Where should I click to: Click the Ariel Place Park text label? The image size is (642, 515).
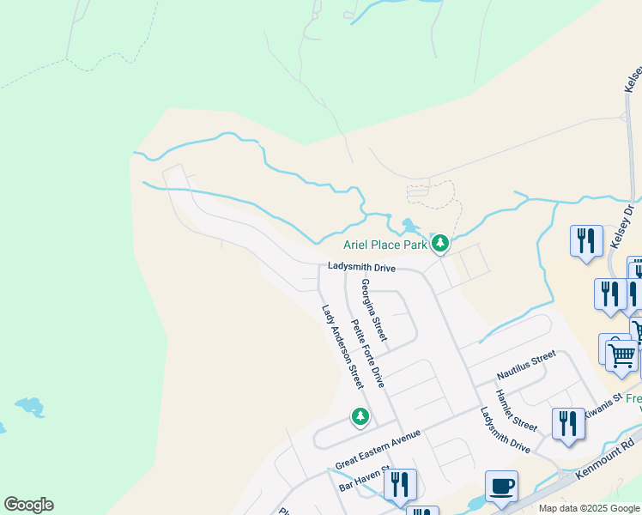click(x=385, y=245)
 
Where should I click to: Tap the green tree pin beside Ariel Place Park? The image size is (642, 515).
click(x=439, y=244)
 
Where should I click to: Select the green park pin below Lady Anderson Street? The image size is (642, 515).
click(x=360, y=417)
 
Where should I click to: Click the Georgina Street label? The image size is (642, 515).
click(x=373, y=310)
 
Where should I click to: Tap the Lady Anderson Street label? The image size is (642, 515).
click(x=342, y=347)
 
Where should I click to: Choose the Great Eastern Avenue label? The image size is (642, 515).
click(x=378, y=449)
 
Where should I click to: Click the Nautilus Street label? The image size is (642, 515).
click(x=526, y=366)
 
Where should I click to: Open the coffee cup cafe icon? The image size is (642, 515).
click(x=501, y=485)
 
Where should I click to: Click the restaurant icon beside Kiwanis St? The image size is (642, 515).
click(x=568, y=424)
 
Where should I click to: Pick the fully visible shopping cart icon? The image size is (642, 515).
click(x=621, y=354)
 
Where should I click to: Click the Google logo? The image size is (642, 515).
click(x=28, y=505)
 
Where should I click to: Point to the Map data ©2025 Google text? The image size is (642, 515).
click(x=589, y=508)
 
